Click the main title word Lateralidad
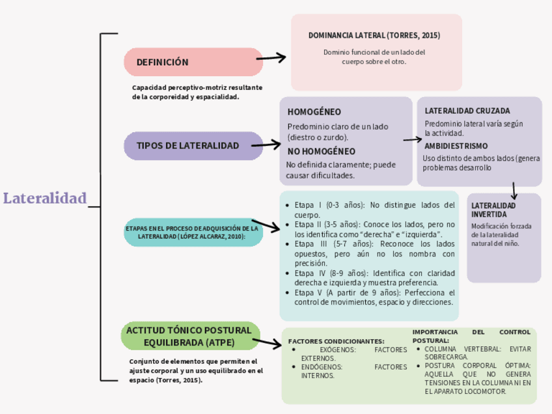45,198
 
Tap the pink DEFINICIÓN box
193,62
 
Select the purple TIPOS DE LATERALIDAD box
187,145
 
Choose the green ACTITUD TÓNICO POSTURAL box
188,336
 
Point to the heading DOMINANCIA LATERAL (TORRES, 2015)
374,35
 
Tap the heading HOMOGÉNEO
314,112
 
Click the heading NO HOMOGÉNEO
321,151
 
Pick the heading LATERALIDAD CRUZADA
467,111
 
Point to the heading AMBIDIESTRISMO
456,146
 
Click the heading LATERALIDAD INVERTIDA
493,210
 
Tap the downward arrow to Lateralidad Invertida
514,189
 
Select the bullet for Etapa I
288,205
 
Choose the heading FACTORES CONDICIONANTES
336,341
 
